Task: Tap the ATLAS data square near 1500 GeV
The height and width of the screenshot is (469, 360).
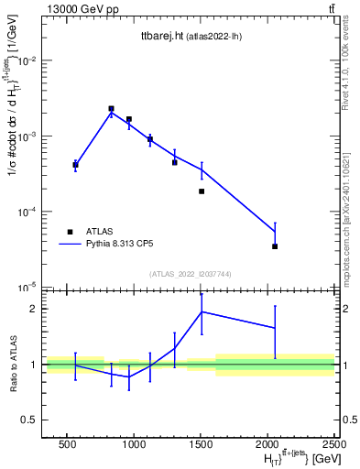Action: [202, 191]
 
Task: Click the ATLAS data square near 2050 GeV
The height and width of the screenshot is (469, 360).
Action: [275, 246]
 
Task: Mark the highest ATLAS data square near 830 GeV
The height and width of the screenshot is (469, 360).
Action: [111, 108]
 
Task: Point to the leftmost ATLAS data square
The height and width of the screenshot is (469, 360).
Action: [75, 165]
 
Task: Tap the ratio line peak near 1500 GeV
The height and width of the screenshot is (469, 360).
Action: [202, 311]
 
